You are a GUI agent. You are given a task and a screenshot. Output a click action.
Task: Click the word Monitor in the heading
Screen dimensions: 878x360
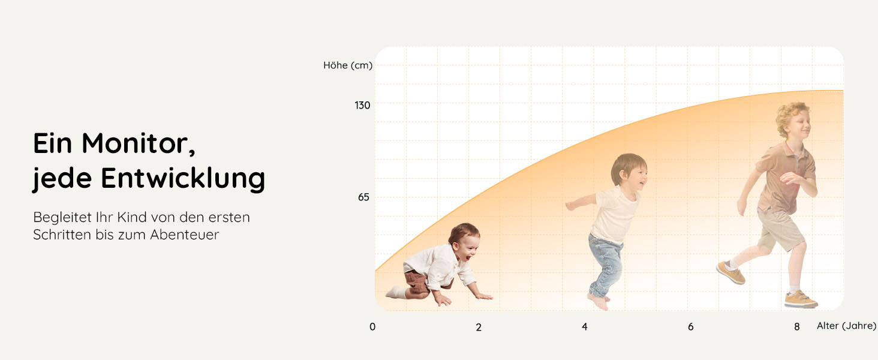[x=139, y=144]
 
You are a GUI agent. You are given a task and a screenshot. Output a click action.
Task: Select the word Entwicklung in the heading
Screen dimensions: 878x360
[x=183, y=178]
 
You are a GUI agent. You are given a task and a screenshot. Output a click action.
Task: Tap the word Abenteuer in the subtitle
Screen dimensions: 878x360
[x=184, y=235]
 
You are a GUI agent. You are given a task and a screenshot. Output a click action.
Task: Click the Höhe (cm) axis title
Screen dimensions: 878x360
[x=348, y=65]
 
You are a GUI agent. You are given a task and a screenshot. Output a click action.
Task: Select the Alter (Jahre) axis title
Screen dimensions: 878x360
[x=846, y=326]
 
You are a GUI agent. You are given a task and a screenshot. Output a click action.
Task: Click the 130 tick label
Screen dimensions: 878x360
[x=362, y=105]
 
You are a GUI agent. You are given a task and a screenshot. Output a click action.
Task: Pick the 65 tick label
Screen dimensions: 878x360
[x=363, y=197]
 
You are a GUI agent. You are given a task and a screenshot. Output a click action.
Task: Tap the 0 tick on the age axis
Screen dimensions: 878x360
[x=372, y=326]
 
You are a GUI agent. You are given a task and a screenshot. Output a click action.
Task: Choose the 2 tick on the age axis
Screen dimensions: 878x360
[x=479, y=327]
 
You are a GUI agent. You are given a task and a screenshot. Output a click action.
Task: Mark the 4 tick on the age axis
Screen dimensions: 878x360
[x=584, y=326]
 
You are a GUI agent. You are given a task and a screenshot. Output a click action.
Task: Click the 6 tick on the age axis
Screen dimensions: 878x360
[x=691, y=326]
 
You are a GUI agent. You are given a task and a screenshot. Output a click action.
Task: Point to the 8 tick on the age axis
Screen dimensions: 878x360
[x=797, y=326]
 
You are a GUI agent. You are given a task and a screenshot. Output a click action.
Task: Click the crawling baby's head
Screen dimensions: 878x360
[x=465, y=241]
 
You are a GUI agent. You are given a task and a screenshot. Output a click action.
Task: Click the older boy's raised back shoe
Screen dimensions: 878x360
[x=731, y=273]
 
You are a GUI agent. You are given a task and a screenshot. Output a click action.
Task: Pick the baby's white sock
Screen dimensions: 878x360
[x=395, y=292]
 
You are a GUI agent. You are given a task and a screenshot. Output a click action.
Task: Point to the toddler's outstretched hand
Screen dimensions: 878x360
[x=570, y=205]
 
